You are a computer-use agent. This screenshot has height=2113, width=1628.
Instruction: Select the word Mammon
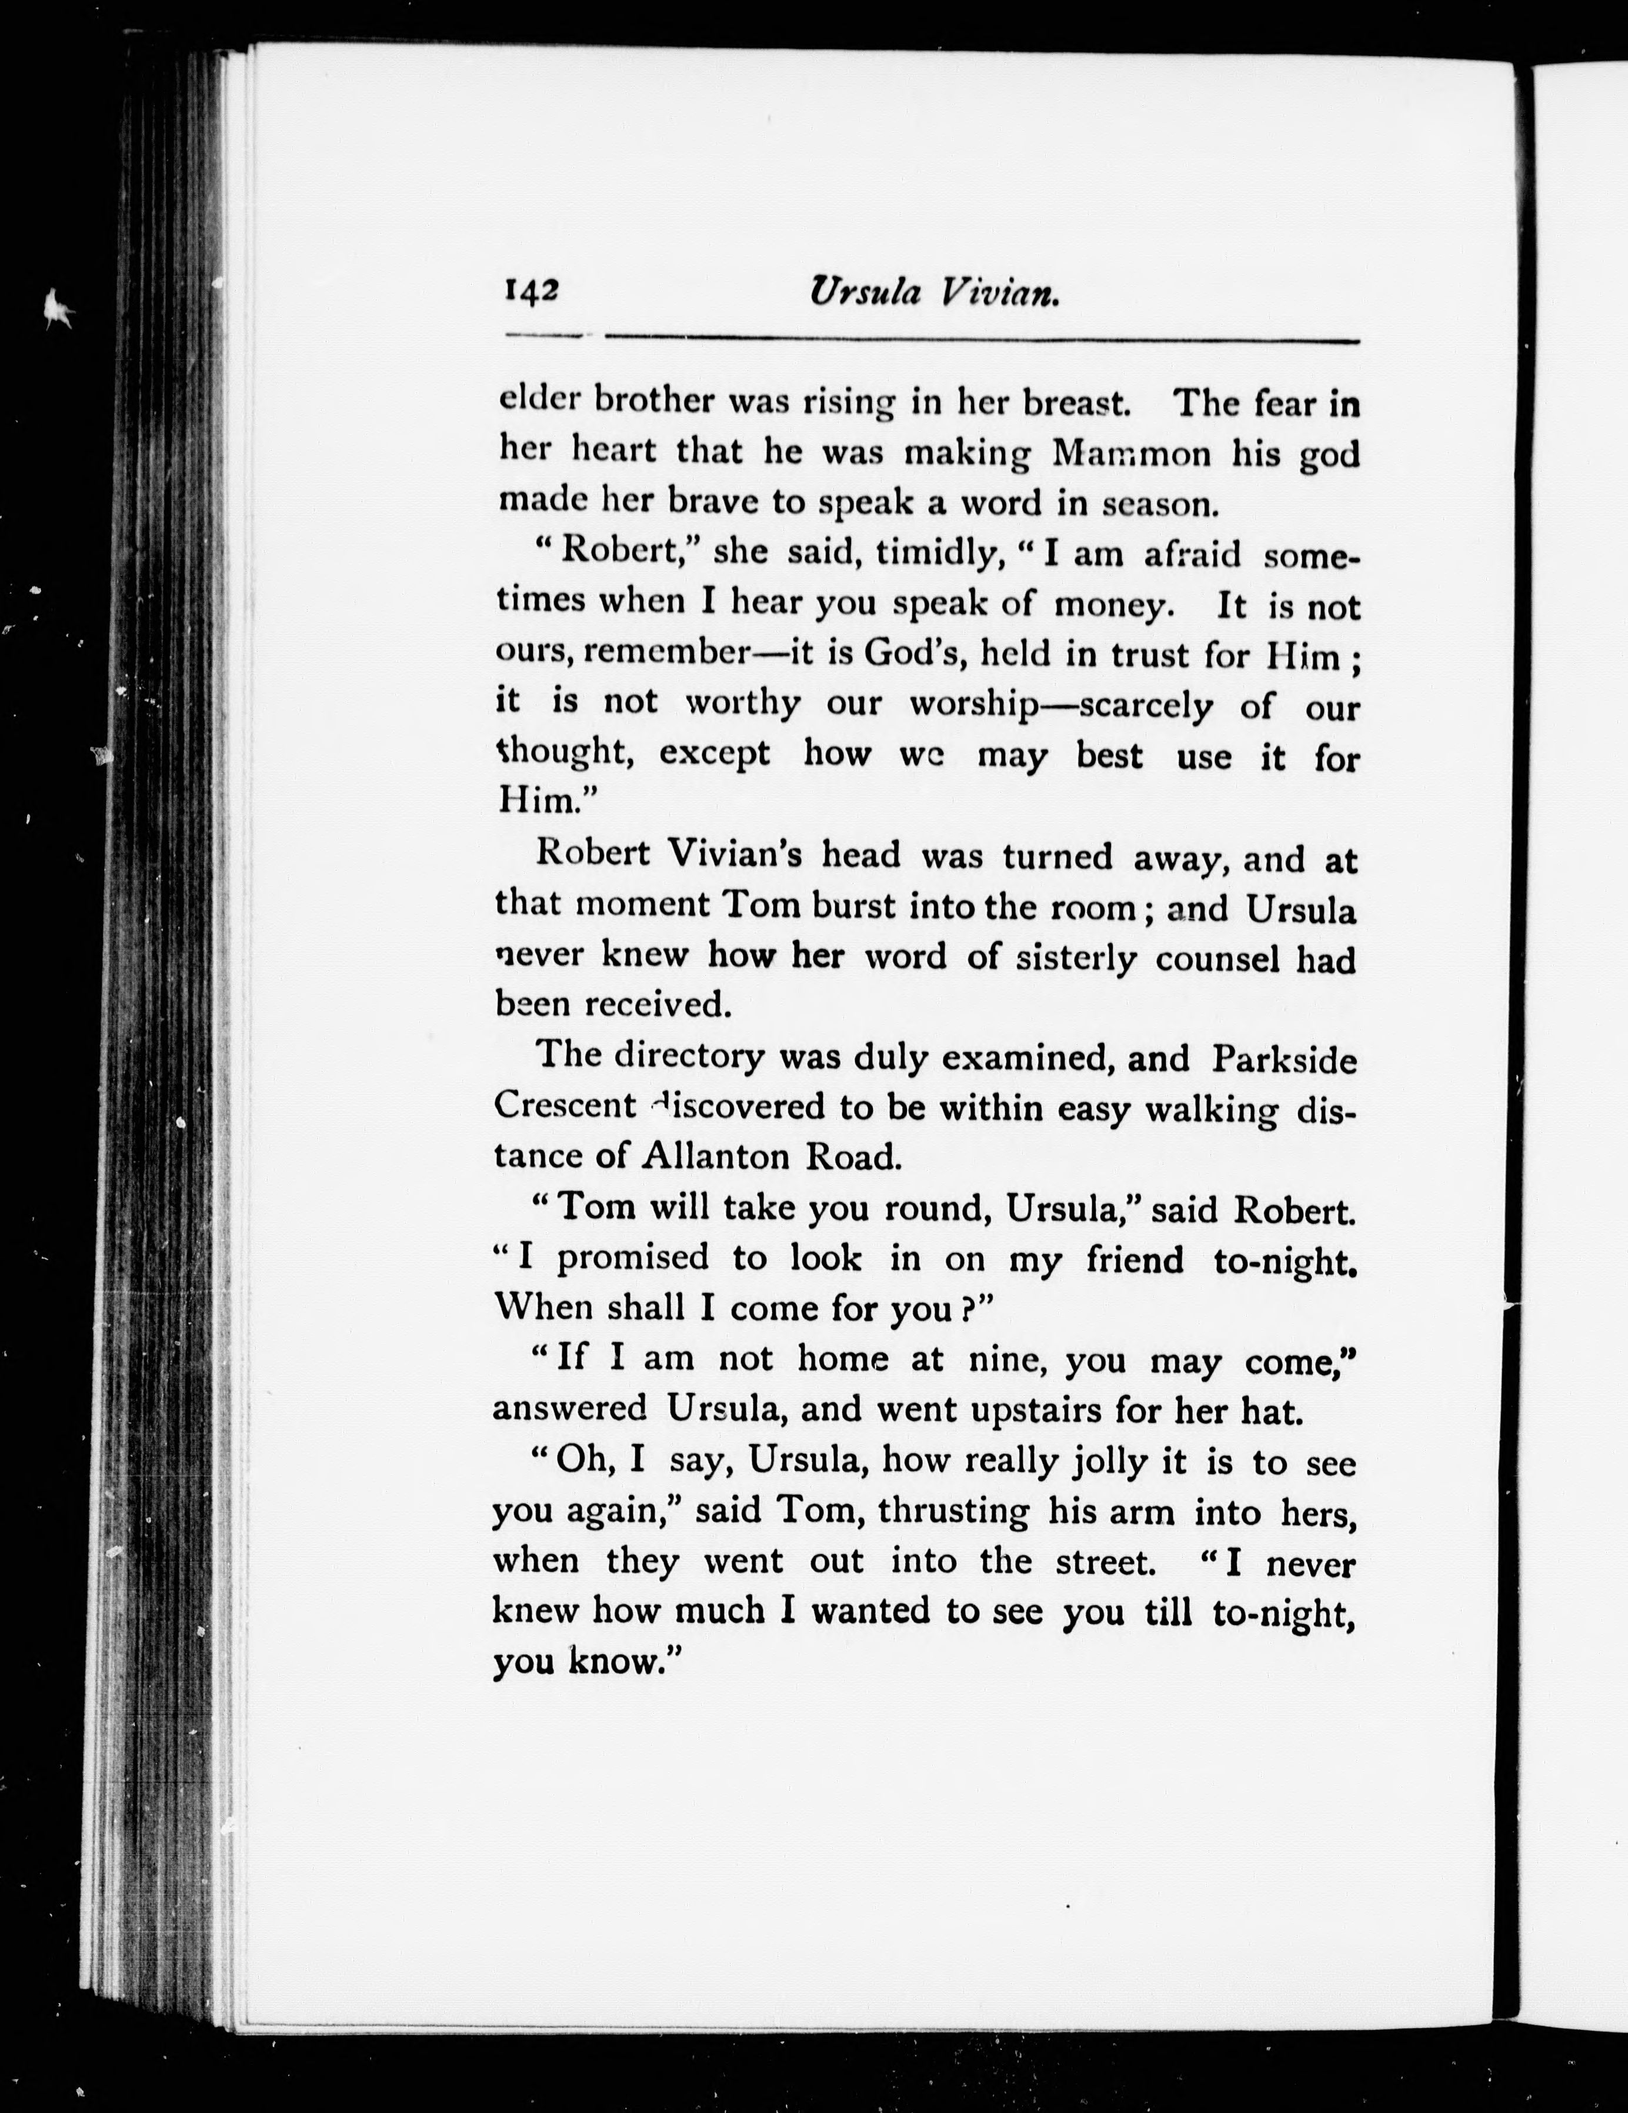pos(1131,453)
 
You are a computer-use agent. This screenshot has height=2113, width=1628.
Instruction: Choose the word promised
pos(633,1258)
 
